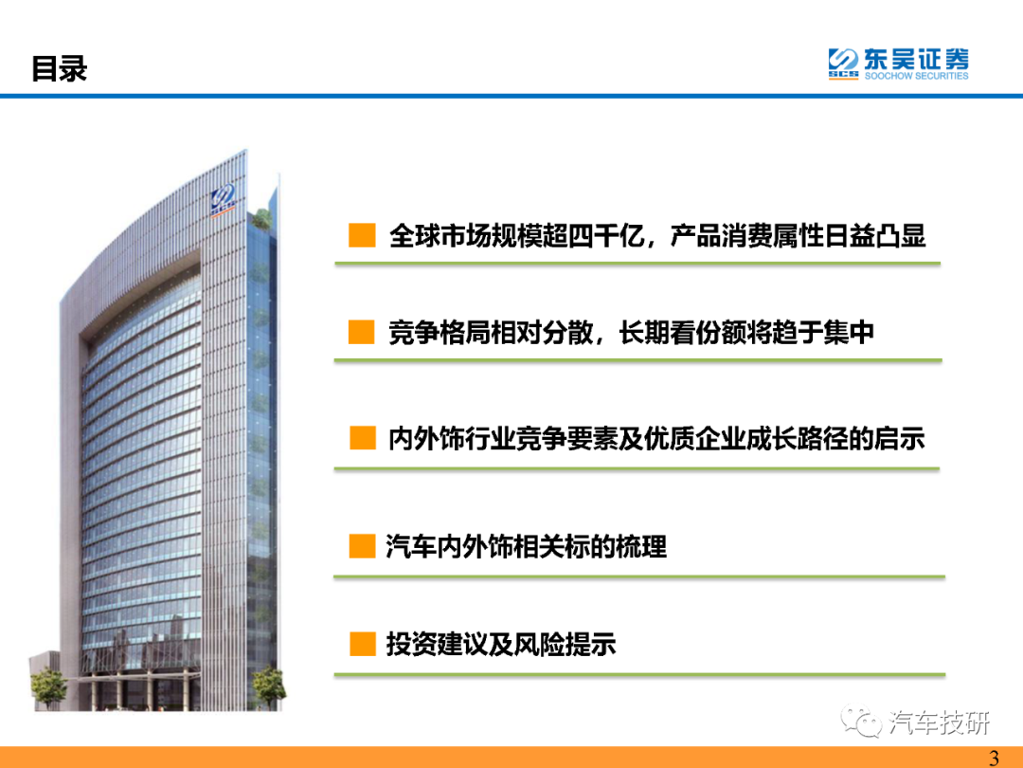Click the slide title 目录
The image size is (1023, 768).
60,68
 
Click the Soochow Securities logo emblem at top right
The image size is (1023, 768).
843,64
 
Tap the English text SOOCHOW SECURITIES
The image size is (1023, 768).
916,76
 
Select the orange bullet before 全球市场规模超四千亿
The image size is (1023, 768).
362,235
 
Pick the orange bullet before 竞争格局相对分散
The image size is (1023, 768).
362,332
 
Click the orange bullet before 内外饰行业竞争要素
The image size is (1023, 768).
362,437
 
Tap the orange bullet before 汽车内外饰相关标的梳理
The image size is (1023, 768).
362,546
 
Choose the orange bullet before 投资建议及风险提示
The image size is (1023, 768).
362,644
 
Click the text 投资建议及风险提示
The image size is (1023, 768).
501,645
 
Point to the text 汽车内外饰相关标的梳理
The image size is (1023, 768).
527,547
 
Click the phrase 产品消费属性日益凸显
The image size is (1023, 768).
798,236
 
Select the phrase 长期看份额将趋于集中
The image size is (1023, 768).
746,333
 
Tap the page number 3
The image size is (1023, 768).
994,758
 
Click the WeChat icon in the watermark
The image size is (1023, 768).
861,721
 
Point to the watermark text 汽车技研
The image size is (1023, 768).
939,722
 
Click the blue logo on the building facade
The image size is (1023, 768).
223,198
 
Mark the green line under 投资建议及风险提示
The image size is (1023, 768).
639,675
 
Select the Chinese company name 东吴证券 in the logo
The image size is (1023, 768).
917,59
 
